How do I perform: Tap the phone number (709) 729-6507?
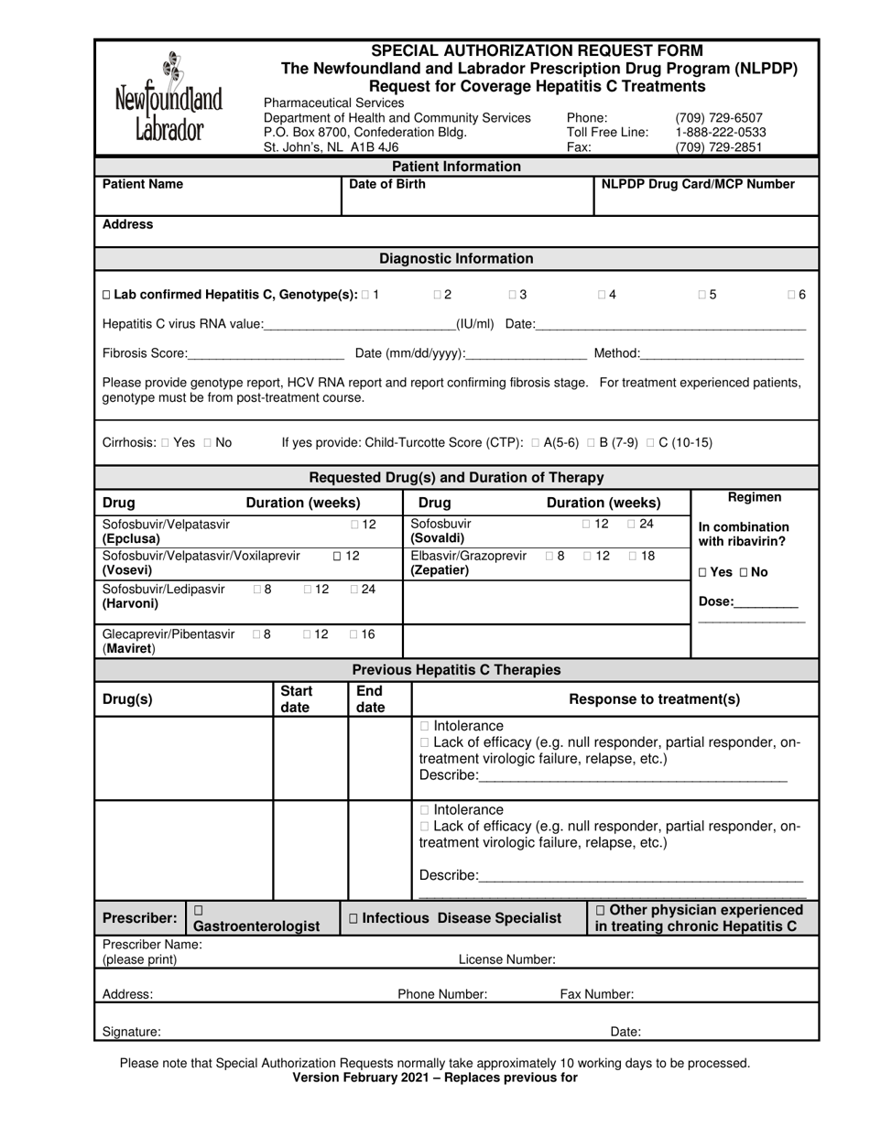point(718,118)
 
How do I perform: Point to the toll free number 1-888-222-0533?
point(720,132)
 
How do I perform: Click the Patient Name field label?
point(143,184)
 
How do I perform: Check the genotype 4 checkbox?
point(602,295)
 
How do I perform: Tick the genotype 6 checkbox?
point(791,295)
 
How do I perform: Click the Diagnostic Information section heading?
point(456,259)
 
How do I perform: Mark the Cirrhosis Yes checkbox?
point(165,443)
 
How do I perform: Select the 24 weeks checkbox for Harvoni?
point(355,590)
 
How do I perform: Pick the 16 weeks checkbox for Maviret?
point(355,633)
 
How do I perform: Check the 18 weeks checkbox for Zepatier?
point(634,556)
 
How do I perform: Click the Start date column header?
point(297,698)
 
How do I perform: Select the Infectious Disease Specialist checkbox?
point(354,918)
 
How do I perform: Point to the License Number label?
point(506,959)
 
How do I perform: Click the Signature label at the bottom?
point(132,1032)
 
